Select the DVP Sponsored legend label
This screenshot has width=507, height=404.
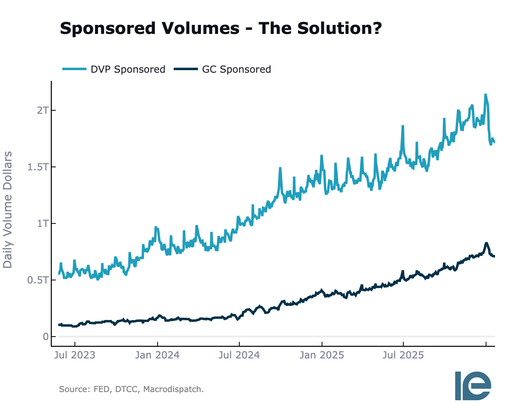pos(128,69)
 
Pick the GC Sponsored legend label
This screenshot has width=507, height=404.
pos(237,69)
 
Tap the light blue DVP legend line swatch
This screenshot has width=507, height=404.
pos(74,69)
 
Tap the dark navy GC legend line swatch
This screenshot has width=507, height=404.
pos(186,69)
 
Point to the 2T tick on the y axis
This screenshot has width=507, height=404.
pos(42,110)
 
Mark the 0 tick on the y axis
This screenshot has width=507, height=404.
pos(45,337)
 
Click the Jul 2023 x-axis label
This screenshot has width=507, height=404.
pos(75,355)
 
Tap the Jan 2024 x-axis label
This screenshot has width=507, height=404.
pos(157,355)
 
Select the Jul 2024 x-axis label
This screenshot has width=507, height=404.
pos(239,355)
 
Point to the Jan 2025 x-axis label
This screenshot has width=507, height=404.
pos(322,355)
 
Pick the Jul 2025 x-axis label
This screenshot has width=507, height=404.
pos(403,355)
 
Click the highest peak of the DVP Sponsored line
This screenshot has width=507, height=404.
pos(485,95)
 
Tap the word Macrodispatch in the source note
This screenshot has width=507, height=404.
pos(173,389)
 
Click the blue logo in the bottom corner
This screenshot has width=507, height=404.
pos(473,385)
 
